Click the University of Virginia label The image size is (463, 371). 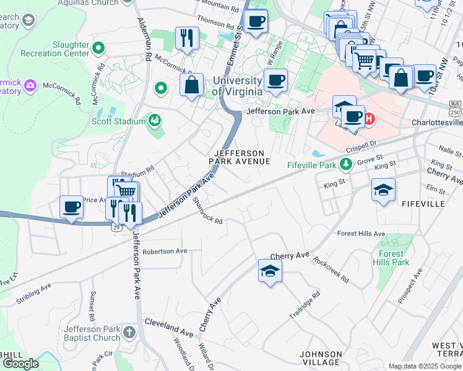click(x=237, y=86)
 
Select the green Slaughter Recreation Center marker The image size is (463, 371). click(x=98, y=47)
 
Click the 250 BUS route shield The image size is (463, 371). click(x=455, y=108)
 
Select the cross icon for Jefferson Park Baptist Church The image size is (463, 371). click(x=129, y=332)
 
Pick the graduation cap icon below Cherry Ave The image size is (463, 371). click(x=269, y=271)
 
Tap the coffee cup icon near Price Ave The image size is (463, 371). click(x=71, y=207)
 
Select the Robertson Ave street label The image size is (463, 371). click(x=165, y=252)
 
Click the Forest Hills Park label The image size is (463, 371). click(x=391, y=258)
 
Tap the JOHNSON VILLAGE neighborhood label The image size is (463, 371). click(x=320, y=358)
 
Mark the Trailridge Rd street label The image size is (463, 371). click(x=305, y=306)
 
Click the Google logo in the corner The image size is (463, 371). click(x=20, y=364)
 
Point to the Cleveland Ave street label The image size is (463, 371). click(x=169, y=323)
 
